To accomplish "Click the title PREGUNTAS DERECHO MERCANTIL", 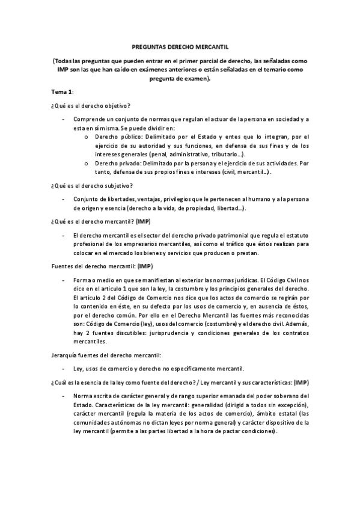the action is [x=180, y=46].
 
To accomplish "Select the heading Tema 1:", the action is [x=62, y=90].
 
